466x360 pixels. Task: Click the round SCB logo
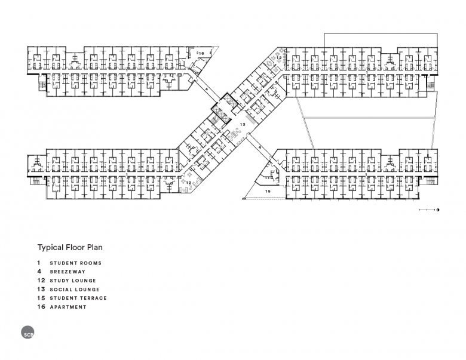tap(27, 332)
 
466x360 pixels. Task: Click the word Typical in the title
tap(50, 248)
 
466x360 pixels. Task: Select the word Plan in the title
tap(95, 247)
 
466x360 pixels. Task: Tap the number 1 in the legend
tap(39, 263)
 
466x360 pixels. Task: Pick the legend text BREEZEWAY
tap(68, 272)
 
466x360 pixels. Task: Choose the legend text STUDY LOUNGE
tap(73, 281)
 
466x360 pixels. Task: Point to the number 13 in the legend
tap(41, 290)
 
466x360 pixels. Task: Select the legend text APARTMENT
tap(68, 307)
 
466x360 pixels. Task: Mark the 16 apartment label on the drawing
tap(201, 54)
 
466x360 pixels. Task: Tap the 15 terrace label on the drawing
tap(268, 192)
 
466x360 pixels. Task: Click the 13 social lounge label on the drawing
tap(243, 124)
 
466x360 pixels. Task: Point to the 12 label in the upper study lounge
tap(279, 57)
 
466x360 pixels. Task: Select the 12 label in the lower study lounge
tap(188, 183)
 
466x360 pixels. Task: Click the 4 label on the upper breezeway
tap(207, 89)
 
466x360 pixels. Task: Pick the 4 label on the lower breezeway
tap(259, 147)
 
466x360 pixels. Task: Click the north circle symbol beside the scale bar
tap(438, 210)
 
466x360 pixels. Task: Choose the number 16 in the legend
tap(41, 307)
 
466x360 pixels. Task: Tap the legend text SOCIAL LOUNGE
tap(75, 290)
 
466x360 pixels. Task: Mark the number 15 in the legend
tap(41, 298)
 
